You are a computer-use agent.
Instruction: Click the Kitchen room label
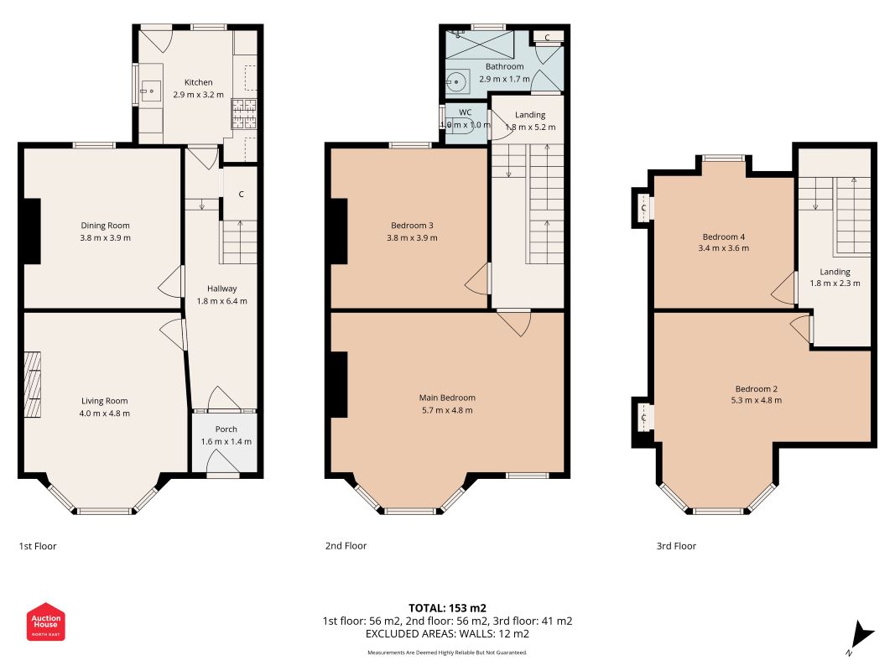(x=198, y=82)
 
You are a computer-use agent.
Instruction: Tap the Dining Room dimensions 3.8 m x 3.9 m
(x=105, y=238)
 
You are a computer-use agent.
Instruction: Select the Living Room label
(x=105, y=401)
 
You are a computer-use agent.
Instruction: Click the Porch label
(x=226, y=429)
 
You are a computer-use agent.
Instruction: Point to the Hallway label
(x=222, y=289)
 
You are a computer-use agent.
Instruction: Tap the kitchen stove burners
(x=244, y=113)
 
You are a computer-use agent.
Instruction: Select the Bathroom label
(x=505, y=66)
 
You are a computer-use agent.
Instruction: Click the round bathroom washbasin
(x=456, y=81)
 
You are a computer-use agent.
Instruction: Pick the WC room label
(x=466, y=112)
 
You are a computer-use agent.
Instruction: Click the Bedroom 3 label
(x=412, y=226)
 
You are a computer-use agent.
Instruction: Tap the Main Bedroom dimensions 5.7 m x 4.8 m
(x=447, y=410)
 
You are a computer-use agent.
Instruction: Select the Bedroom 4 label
(x=724, y=237)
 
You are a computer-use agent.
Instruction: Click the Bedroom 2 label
(x=757, y=388)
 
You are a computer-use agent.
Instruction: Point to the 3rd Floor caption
(x=676, y=546)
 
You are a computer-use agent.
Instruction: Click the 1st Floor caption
(x=38, y=546)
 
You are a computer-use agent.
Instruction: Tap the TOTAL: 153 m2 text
(x=448, y=608)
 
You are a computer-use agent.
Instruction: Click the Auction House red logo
(x=45, y=622)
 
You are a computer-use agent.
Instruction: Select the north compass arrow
(x=861, y=636)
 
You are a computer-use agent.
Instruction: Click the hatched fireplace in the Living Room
(x=33, y=385)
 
